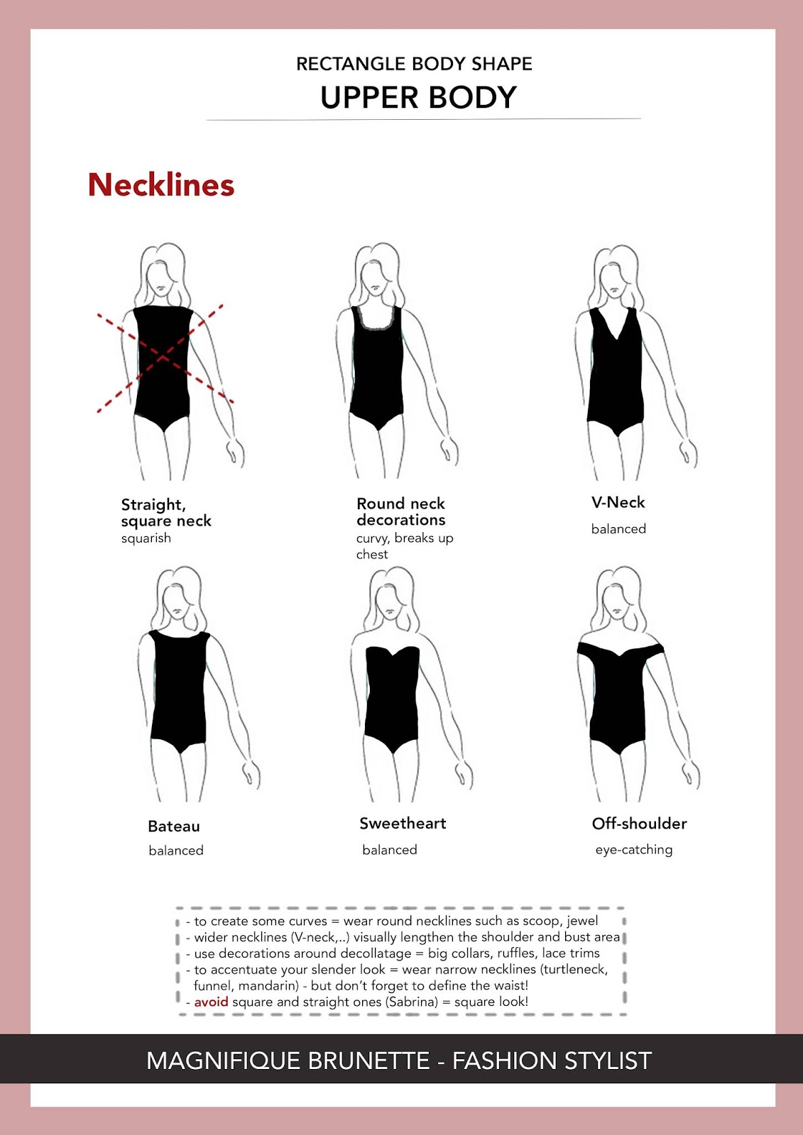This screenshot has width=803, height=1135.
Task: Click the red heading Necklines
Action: (161, 185)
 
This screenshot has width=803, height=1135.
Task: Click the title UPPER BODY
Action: (418, 98)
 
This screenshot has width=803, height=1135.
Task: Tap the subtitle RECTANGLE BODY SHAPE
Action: (414, 64)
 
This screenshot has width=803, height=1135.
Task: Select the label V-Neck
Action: (618, 502)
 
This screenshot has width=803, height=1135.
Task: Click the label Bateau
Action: (174, 826)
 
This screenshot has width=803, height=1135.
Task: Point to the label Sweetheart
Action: (403, 824)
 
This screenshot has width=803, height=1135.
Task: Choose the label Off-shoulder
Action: (639, 824)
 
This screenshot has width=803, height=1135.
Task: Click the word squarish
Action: (146, 538)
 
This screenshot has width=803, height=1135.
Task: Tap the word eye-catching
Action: (633, 850)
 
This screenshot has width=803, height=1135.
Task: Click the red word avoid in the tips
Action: (211, 1002)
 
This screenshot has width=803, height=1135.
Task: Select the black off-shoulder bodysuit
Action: (619, 702)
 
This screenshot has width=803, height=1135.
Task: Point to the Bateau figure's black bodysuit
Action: (179, 692)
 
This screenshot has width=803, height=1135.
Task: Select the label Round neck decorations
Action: (401, 511)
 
